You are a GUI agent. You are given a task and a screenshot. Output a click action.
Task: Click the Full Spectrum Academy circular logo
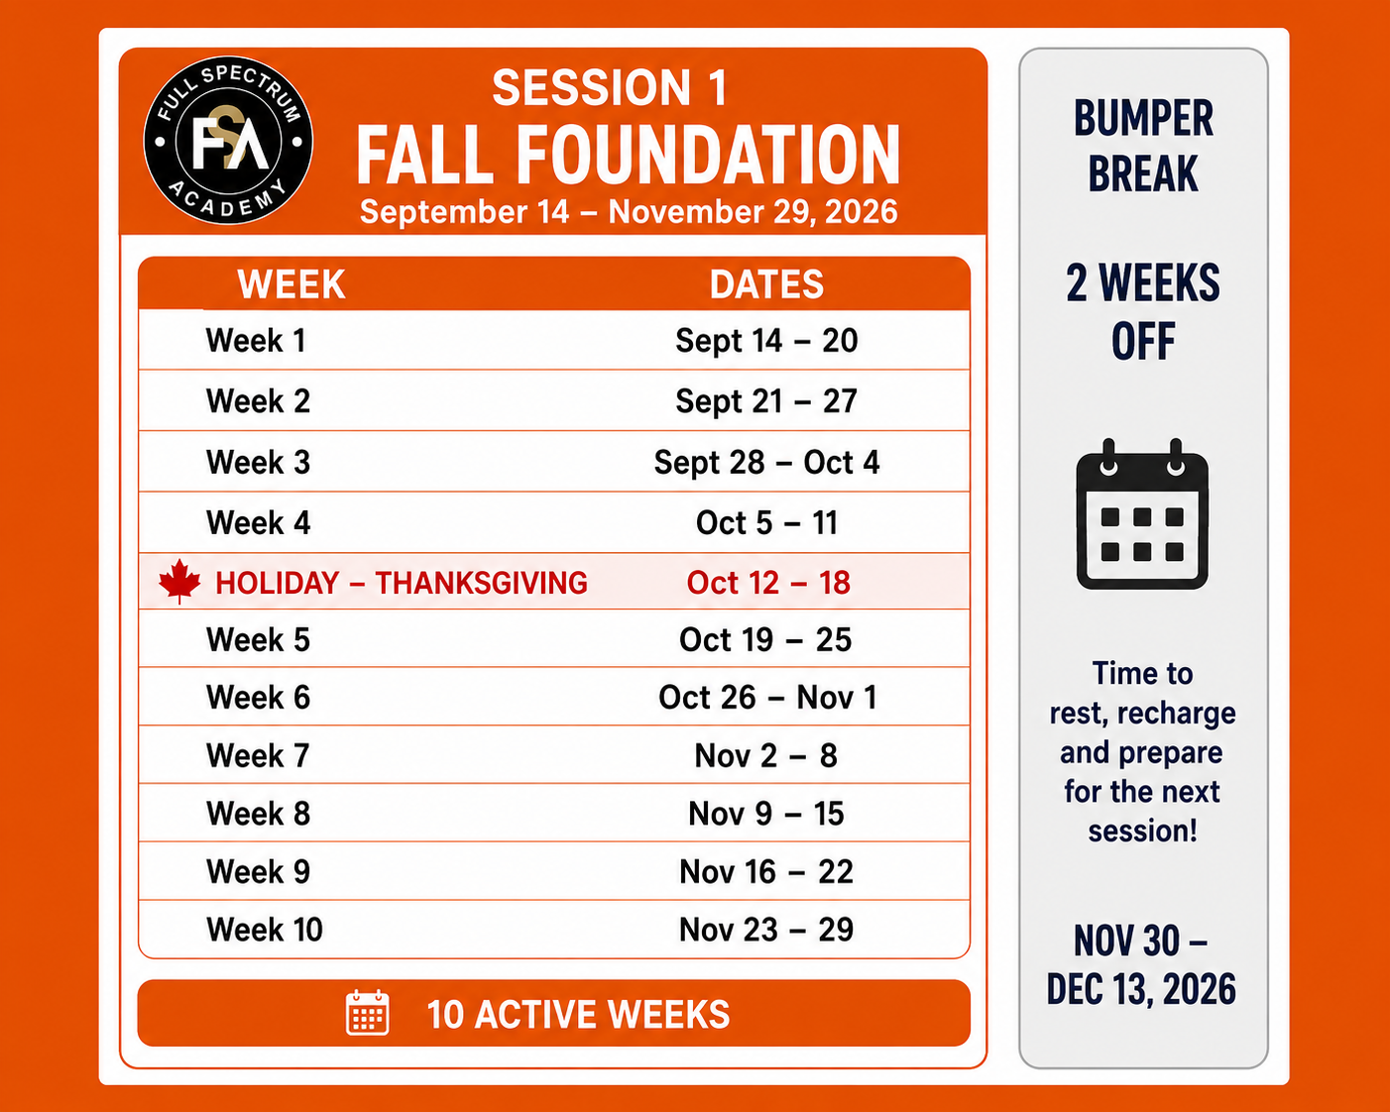tap(228, 140)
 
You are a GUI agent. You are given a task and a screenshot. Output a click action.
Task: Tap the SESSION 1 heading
tap(611, 88)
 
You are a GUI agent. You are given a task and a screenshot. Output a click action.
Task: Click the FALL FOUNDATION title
tap(629, 155)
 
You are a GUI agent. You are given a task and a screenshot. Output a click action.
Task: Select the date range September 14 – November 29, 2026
tap(629, 212)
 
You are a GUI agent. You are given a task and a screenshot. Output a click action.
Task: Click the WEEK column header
tap(291, 284)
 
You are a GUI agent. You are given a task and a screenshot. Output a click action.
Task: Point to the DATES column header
tap(766, 284)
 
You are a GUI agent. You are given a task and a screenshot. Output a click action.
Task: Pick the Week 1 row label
tap(256, 340)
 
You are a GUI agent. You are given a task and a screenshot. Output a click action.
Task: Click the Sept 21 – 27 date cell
tap(766, 401)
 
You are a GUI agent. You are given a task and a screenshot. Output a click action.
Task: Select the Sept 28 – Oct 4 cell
tap(766, 463)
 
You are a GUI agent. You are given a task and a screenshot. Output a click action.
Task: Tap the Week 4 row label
tap(259, 522)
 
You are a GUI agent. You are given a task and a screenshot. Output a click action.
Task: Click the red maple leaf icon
tap(179, 581)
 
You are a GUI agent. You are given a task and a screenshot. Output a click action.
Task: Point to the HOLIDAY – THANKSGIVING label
tap(402, 583)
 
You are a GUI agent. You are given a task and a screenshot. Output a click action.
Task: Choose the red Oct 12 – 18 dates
tap(768, 583)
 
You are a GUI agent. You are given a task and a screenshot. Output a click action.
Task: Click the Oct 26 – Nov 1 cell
tap(768, 698)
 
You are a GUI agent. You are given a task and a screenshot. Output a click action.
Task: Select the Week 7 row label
tap(258, 755)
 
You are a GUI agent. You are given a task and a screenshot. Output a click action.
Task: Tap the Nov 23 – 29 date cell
tap(766, 930)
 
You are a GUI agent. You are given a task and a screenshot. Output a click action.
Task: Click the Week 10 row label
tap(264, 930)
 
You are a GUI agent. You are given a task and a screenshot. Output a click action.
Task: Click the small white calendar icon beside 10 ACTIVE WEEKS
tap(368, 1013)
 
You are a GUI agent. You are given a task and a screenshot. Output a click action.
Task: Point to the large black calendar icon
tap(1142, 514)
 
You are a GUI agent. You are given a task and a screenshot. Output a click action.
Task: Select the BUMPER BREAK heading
tap(1143, 146)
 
